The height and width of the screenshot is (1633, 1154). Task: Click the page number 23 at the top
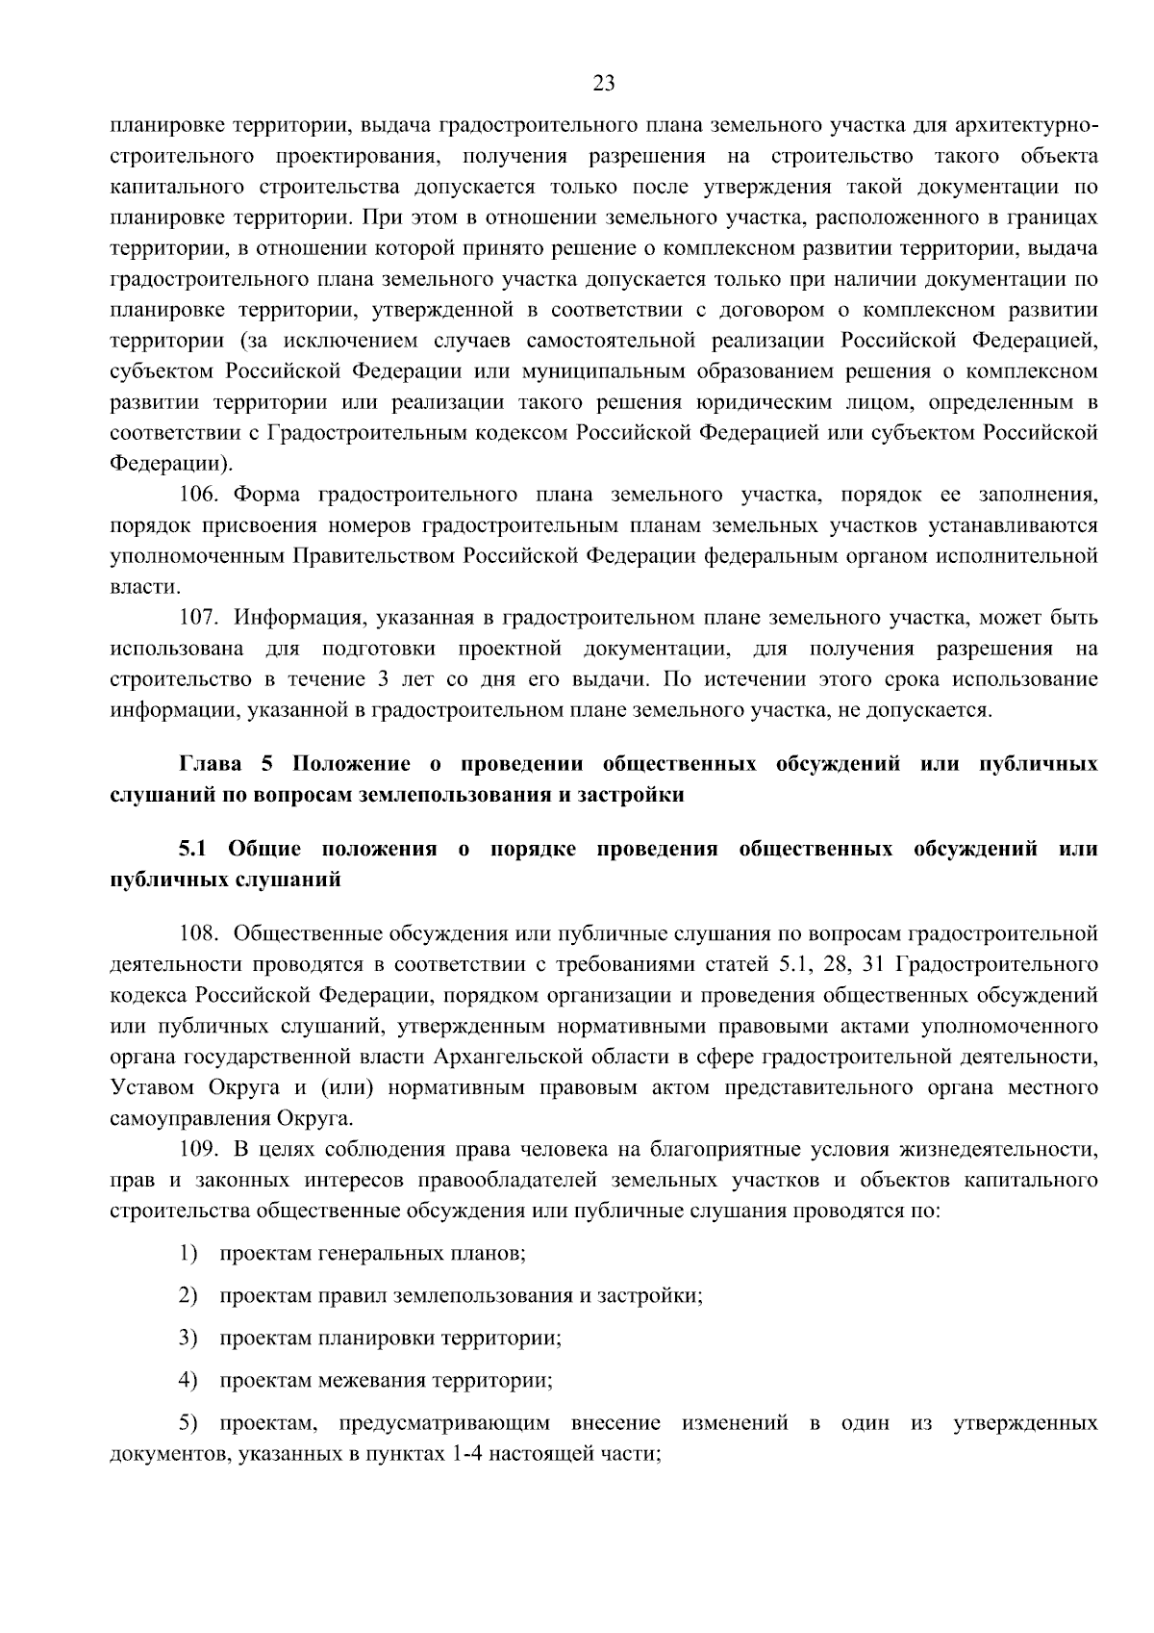[x=603, y=83]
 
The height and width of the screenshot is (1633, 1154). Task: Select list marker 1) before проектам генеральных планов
[x=188, y=1254]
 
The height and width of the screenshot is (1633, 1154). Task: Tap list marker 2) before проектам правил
[x=188, y=1295]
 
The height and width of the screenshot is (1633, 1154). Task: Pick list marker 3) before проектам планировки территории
[x=188, y=1338]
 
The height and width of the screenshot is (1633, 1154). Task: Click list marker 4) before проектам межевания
[x=188, y=1380]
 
